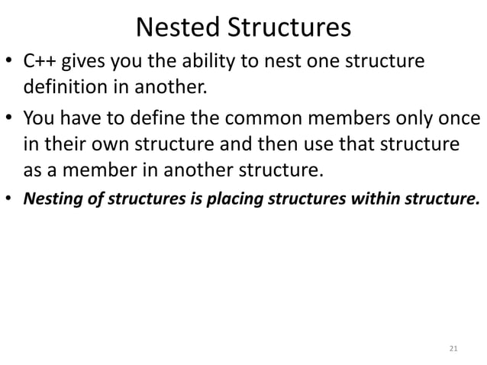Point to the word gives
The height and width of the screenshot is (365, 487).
coord(92,63)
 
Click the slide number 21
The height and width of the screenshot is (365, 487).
coord(453,348)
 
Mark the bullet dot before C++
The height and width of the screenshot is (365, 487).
coord(11,63)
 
